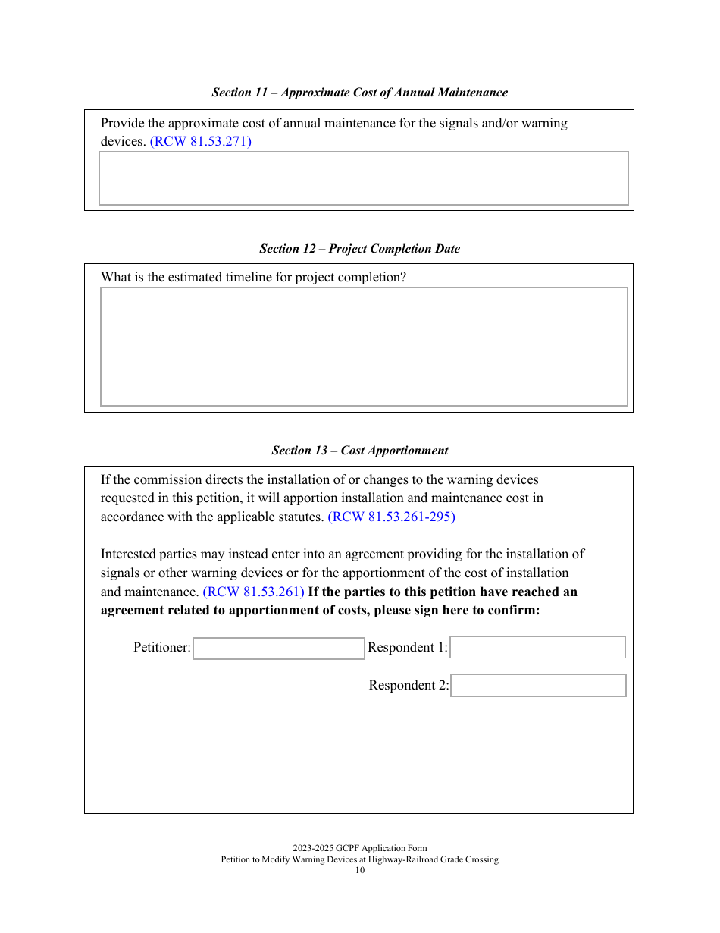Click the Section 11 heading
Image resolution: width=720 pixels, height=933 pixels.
[x=359, y=93]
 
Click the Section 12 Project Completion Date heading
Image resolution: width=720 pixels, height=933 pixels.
[x=359, y=249]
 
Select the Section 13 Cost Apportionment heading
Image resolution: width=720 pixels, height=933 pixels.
[x=359, y=451]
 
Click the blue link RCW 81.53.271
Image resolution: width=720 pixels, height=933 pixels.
[x=201, y=142]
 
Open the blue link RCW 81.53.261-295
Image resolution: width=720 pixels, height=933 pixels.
[x=391, y=517]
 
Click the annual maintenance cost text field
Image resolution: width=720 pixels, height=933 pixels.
[x=364, y=178]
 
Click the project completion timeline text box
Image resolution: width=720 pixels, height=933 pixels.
[x=364, y=347]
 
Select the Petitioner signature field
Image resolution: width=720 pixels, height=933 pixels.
[x=278, y=649]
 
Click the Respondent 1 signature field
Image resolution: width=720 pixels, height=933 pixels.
[x=537, y=648]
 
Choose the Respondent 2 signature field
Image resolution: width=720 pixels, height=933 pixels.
[x=538, y=686]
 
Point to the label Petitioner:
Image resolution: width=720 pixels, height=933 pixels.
[x=162, y=648]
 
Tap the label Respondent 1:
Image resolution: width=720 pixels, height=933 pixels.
[x=408, y=648]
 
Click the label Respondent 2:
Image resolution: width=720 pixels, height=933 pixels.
[x=409, y=686]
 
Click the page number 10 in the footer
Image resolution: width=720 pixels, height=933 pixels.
[x=360, y=871]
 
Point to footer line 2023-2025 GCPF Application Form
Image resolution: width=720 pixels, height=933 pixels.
[x=359, y=849]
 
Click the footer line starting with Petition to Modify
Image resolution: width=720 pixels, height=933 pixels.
[x=359, y=860]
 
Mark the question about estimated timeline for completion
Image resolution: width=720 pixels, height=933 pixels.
[x=253, y=278]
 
